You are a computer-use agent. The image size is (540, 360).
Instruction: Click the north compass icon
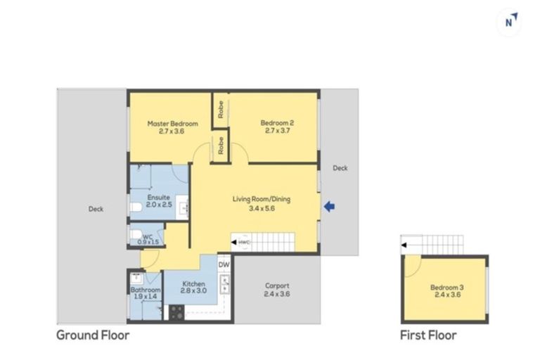point(510,22)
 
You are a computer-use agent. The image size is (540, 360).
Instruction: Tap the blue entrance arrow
point(329,207)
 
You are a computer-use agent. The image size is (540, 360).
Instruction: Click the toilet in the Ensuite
point(136,207)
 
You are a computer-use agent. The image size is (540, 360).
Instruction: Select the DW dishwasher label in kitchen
point(224,264)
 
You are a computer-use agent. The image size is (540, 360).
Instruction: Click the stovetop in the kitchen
point(176,312)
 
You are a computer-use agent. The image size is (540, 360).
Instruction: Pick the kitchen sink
point(225,283)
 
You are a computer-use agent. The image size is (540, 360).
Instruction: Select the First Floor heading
point(427,335)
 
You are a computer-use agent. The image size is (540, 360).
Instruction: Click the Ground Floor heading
point(93,335)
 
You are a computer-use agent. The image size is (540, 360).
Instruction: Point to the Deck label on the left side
point(96,208)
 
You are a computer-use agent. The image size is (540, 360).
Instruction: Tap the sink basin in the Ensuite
point(184,207)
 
